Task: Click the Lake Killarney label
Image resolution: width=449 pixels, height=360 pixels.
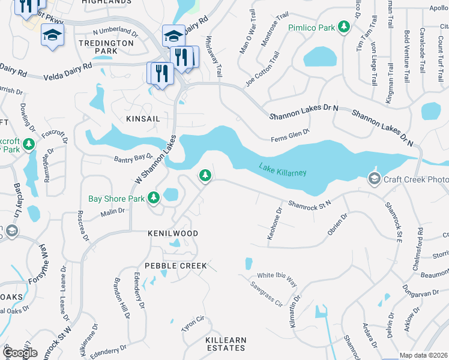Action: click(283, 169)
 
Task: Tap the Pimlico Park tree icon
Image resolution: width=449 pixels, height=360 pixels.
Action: click(344, 27)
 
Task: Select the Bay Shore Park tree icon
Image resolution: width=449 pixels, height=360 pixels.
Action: click(154, 197)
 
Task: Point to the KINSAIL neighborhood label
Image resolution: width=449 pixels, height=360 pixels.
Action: click(143, 119)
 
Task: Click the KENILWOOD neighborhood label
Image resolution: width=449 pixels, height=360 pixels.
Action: click(173, 233)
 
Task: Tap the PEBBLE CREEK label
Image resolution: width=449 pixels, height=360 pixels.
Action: click(176, 265)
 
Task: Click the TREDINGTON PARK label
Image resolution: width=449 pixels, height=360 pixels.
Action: click(106, 47)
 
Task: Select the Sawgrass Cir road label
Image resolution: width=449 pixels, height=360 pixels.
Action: click(267, 293)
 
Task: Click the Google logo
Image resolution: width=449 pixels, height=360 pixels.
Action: click(20, 353)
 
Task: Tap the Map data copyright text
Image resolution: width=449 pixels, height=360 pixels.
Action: click(424, 355)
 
